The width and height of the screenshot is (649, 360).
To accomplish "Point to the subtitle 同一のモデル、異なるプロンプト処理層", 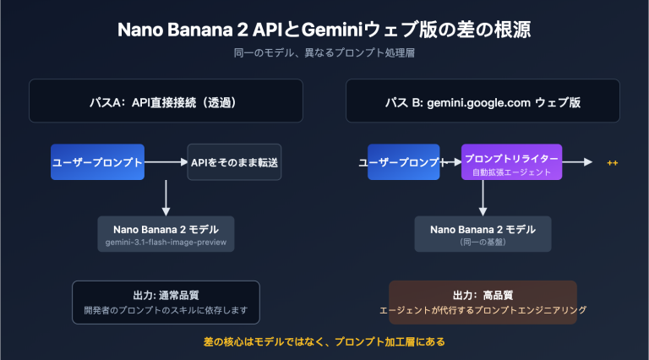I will (324, 53).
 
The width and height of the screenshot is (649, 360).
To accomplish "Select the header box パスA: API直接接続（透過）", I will (166, 101).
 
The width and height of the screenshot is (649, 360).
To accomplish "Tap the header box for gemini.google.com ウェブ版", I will (483, 101).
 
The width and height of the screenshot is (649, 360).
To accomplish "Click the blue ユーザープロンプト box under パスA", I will (97, 161).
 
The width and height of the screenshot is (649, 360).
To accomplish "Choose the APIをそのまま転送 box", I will (234, 161).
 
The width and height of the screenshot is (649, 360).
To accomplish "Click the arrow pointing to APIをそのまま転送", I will (166, 161).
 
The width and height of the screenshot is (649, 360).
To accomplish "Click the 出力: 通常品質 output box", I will (166, 302).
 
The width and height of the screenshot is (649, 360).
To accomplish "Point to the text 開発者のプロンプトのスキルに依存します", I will (166, 310).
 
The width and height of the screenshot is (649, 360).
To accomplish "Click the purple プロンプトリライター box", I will (511, 161).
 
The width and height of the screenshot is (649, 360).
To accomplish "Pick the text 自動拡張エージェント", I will (511, 172).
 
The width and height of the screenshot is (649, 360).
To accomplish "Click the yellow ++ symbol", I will (613, 161).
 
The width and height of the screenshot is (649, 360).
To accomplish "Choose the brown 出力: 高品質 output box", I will (483, 302).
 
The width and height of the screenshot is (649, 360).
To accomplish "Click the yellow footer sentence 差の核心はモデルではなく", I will (324, 342).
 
